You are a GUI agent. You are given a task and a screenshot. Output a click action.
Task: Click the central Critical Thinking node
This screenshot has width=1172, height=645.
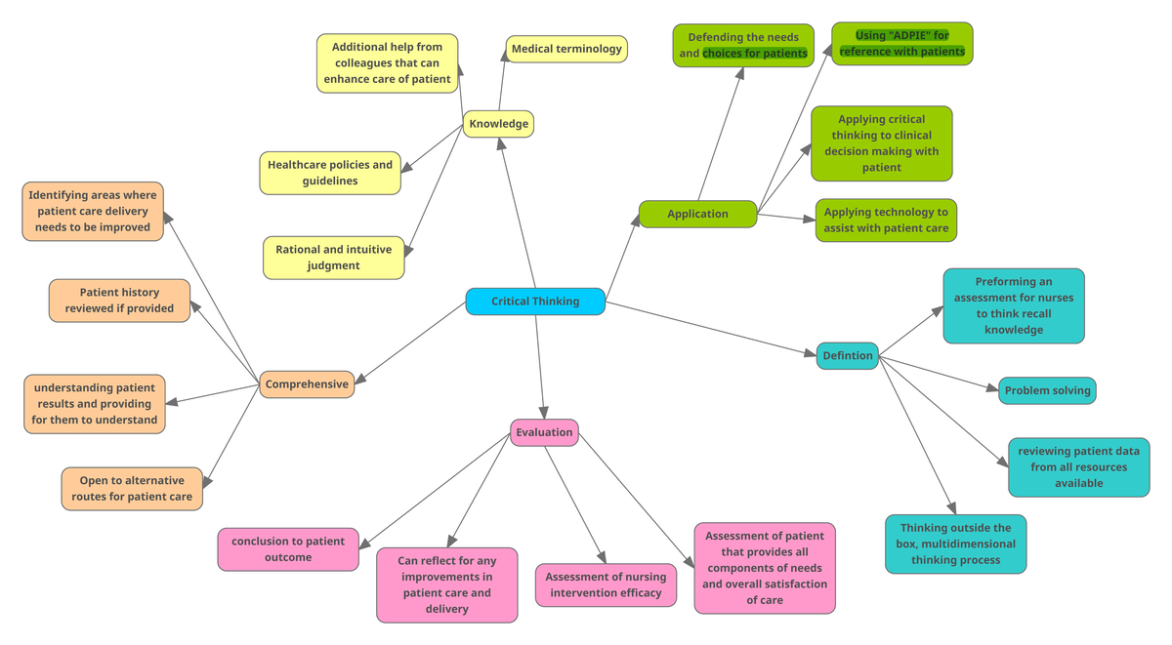pyautogui.click(x=535, y=302)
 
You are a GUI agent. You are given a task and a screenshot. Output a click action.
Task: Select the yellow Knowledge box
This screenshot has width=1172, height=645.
pyautogui.click(x=498, y=124)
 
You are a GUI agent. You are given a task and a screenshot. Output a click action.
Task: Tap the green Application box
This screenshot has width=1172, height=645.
pyautogui.click(x=697, y=214)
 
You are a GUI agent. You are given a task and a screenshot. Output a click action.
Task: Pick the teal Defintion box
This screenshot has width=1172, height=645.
pyautogui.click(x=847, y=355)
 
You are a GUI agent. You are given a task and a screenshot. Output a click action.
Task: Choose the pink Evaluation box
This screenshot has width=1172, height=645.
pyautogui.click(x=544, y=432)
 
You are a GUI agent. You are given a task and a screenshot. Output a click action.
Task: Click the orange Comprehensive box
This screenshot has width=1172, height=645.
pyautogui.click(x=306, y=384)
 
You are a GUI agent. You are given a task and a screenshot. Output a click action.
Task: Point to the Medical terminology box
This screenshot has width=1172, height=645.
pyautogui.click(x=566, y=49)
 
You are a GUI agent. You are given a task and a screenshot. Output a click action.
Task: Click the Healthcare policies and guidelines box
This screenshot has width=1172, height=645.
pyautogui.click(x=330, y=173)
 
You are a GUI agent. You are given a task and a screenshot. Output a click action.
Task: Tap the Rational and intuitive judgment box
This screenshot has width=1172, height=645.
pyautogui.click(x=333, y=258)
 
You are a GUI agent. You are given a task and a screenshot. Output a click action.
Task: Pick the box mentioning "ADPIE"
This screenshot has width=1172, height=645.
pyautogui.click(x=902, y=44)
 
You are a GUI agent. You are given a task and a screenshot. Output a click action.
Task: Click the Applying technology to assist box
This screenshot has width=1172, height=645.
pyautogui.click(x=886, y=221)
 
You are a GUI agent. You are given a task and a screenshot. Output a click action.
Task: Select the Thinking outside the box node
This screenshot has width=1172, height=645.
pyautogui.click(x=956, y=544)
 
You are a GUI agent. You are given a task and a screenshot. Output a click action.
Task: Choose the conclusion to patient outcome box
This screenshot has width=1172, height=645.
pyautogui.click(x=287, y=549)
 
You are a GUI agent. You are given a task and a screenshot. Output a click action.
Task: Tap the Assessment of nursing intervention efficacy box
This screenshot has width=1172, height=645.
pyautogui.click(x=606, y=585)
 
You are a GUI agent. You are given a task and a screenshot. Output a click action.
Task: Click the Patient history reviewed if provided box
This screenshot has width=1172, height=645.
pyautogui.click(x=119, y=301)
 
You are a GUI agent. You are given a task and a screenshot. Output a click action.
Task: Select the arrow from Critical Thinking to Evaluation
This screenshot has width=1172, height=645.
pyautogui.click(x=539, y=366)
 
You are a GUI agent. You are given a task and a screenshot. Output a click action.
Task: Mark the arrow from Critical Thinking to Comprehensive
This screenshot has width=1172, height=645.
pyautogui.click(x=410, y=343)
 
